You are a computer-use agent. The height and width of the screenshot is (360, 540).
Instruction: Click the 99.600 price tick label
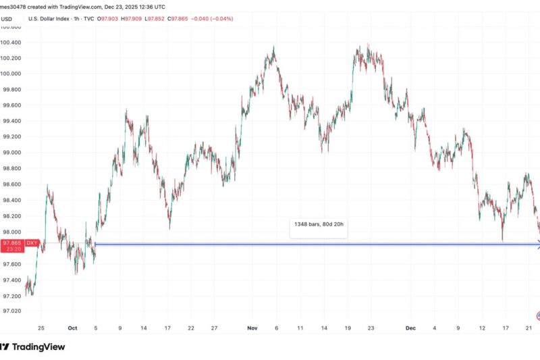point(12,105)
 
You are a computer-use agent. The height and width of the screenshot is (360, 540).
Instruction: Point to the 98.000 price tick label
point(12,232)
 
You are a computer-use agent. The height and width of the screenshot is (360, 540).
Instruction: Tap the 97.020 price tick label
point(12,311)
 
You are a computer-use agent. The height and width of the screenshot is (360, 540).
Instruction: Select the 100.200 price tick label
point(12,58)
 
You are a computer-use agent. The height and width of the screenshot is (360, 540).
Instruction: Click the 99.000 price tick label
point(12,153)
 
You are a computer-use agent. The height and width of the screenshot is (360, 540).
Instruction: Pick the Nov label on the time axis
point(252,328)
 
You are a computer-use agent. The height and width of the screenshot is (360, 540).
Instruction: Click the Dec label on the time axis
point(411,328)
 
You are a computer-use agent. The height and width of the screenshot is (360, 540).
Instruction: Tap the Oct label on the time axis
point(73,328)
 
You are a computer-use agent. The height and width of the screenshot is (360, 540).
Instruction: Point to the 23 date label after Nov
point(371,328)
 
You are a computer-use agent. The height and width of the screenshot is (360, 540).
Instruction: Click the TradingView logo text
point(40,346)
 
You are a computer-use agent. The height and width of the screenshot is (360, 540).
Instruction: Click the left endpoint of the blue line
point(96,244)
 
